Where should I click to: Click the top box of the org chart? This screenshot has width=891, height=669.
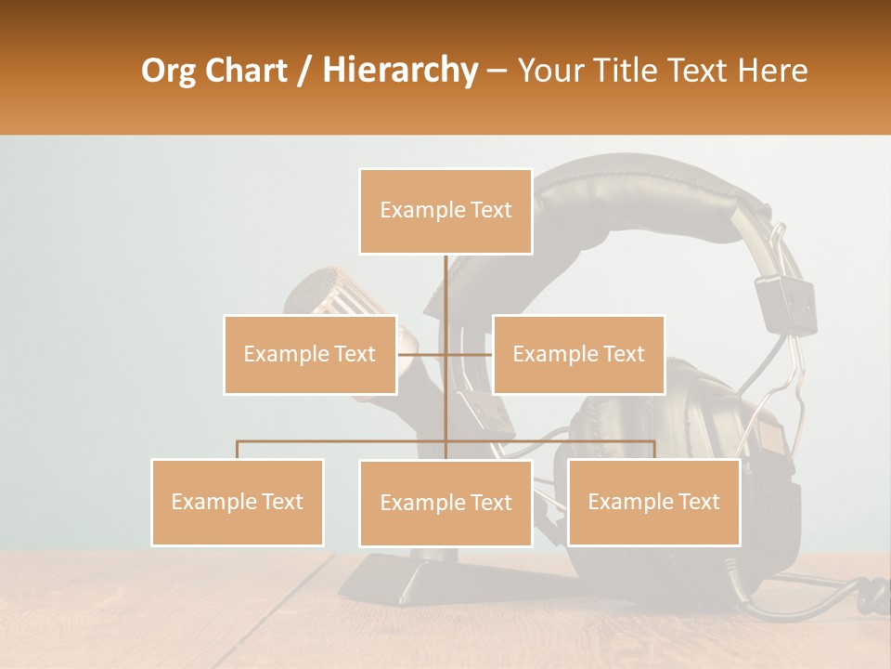coord(445,211)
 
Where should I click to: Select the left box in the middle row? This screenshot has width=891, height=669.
coord(309,354)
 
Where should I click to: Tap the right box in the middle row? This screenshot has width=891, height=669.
coord(578,354)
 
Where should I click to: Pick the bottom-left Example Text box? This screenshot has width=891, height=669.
coord(237,502)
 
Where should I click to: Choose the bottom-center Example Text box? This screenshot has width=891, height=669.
coord(445,503)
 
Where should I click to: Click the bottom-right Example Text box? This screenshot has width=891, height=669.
coord(653,502)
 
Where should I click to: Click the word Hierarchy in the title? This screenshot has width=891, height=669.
coord(399,71)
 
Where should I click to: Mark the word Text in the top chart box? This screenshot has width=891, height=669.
coord(490,211)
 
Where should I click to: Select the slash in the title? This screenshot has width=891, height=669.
coord(304,71)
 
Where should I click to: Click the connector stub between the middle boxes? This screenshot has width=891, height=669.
coord(445,354)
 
